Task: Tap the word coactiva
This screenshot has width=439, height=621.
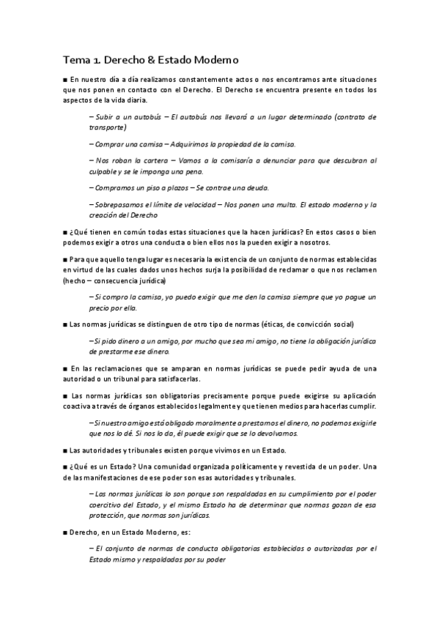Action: (78, 406)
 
